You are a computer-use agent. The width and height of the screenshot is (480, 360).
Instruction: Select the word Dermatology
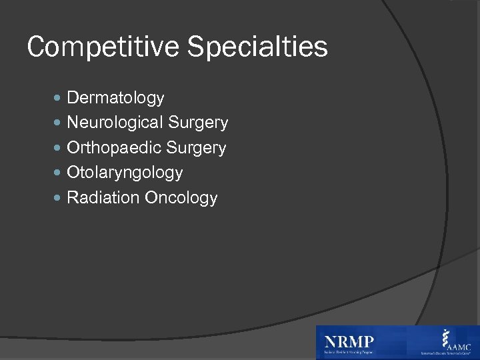tap(115, 99)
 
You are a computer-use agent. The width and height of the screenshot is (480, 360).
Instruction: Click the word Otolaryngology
tap(125, 173)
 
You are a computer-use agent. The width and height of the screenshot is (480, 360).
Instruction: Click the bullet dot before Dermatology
tap(57, 99)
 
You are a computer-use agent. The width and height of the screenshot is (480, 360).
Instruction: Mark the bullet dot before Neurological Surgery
tap(57, 123)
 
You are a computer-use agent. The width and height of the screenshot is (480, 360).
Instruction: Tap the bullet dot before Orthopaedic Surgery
tap(57, 148)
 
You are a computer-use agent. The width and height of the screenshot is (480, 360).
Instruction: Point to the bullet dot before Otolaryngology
tap(57, 173)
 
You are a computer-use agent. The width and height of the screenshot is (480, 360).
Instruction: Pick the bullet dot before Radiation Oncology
tap(57, 198)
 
